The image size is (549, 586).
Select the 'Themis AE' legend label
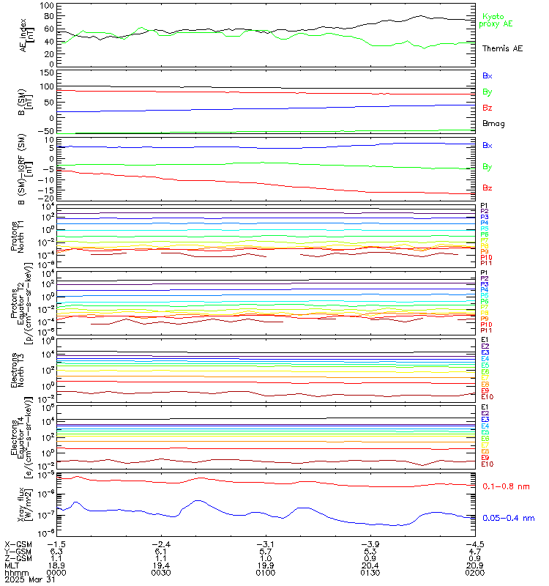pos(502,48)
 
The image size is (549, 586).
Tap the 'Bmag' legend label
pos(493,123)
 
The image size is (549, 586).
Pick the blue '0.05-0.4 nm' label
pos(507,518)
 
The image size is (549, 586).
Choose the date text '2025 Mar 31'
pos(26,582)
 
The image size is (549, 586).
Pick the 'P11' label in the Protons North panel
pos(485,264)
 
